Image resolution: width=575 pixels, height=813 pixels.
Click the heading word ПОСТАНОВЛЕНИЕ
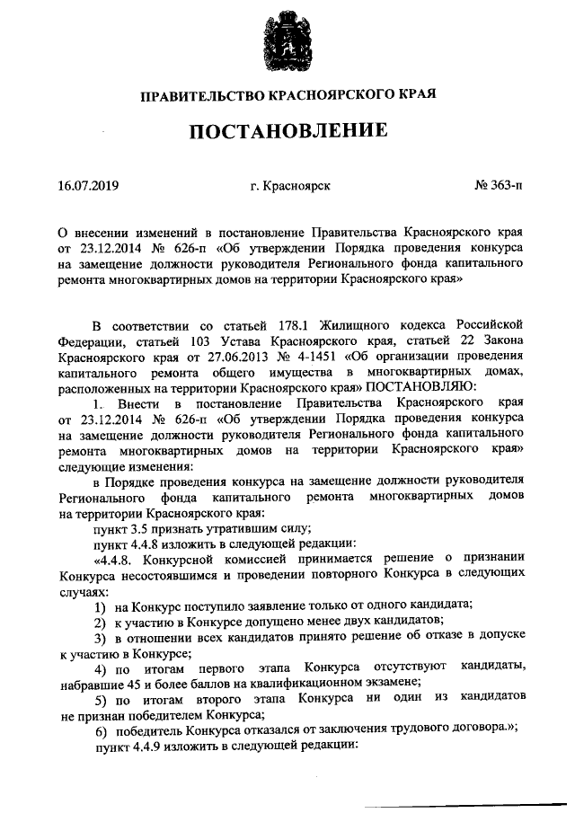(288, 131)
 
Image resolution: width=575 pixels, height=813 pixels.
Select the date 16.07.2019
(87, 186)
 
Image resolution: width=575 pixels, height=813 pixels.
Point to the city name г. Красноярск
(291, 186)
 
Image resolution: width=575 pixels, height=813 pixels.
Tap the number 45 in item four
(137, 685)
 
